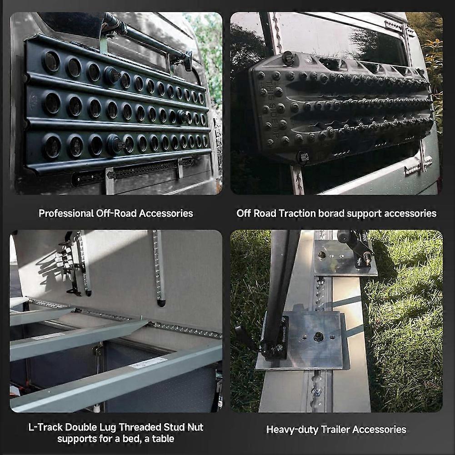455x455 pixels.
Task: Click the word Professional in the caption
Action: point(65,214)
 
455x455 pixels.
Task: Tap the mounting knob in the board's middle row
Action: point(183,116)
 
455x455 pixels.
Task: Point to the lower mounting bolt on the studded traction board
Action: point(303,157)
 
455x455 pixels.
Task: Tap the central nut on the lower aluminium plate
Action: point(318,336)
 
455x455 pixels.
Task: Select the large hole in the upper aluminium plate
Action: point(322,255)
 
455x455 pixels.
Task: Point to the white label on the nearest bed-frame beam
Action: point(149,362)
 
